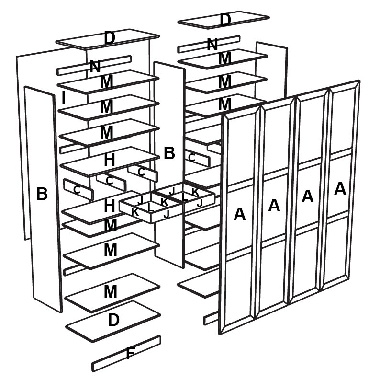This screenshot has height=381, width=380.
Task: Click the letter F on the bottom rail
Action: coord(130,355)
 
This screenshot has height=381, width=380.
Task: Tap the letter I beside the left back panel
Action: coord(64,98)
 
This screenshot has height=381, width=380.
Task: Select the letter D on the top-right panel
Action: coord(225,20)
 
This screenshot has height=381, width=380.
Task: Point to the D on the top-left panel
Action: coord(110,38)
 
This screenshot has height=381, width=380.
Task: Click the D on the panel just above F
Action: coord(113,320)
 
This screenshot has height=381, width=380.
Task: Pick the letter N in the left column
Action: coord(95,67)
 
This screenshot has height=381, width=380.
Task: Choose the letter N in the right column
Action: coord(212,45)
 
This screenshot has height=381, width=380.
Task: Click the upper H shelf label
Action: coord(109,160)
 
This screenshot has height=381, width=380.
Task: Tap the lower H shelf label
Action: coord(109,206)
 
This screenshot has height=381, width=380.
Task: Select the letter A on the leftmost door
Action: coord(239,214)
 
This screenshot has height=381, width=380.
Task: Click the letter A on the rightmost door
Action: coord(340,188)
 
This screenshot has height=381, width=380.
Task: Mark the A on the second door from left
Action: coord(274,205)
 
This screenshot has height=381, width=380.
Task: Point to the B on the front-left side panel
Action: coord(42,194)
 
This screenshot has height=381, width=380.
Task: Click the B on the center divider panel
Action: coord(169,153)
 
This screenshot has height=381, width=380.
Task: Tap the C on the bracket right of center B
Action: coord(192,157)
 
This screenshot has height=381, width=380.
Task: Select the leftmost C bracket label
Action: coord(77,190)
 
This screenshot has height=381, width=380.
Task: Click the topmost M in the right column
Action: coord(225,58)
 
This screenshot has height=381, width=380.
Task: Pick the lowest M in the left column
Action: coord(111,291)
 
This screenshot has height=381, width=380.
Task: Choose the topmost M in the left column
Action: coord(106,82)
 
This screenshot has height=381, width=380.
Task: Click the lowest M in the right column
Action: coord(225,104)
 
